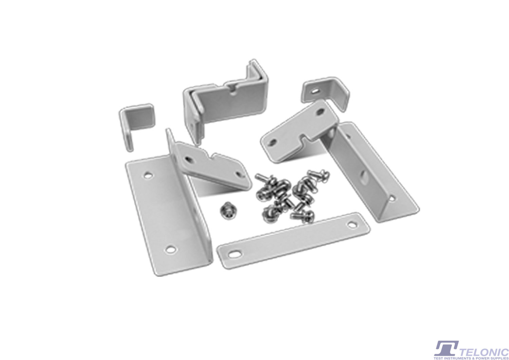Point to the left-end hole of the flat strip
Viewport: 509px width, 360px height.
(234, 254)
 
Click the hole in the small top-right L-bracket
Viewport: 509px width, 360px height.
(315, 91)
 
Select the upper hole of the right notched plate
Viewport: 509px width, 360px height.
(321, 112)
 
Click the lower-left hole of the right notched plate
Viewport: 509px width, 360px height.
(272, 143)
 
